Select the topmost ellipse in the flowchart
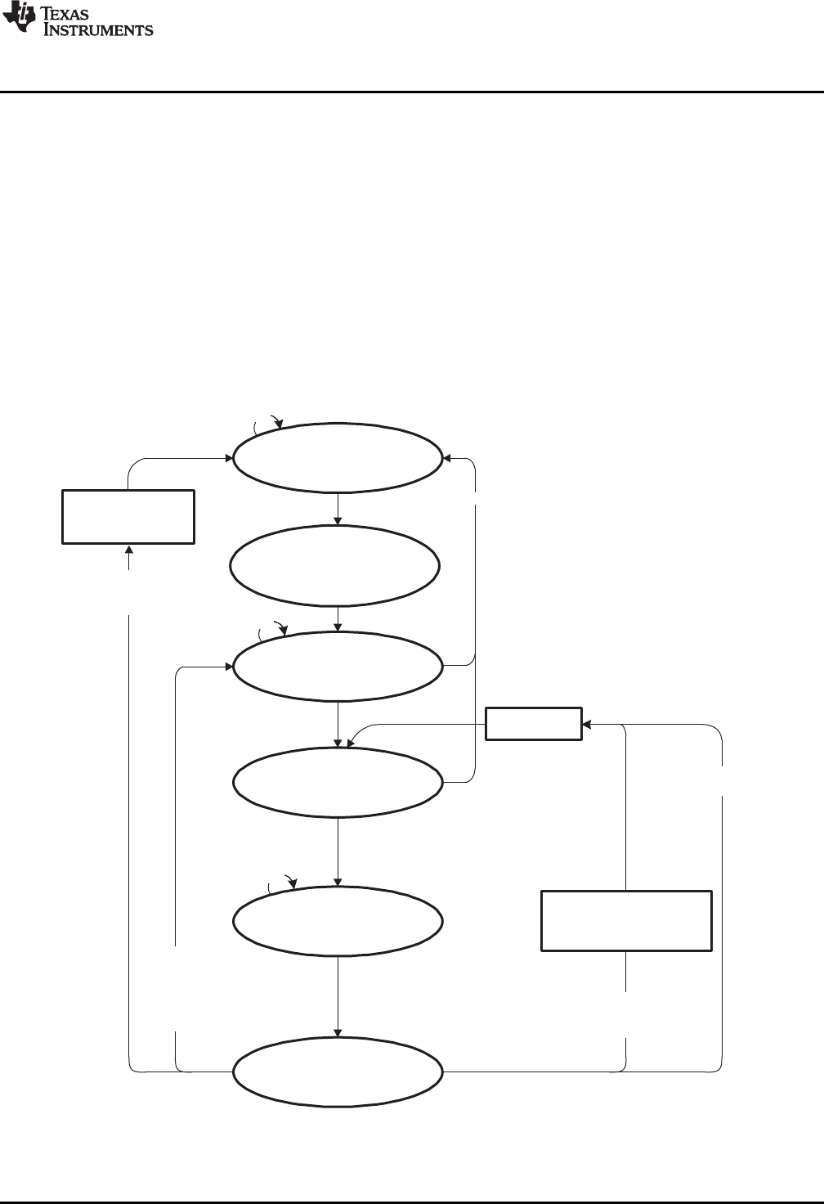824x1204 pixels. coord(337,457)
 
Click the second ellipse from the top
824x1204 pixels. coord(335,565)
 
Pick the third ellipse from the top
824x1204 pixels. coord(338,666)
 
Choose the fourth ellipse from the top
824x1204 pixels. coord(338,782)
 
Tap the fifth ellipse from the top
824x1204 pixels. coord(338,920)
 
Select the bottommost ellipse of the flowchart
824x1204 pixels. coord(338,1071)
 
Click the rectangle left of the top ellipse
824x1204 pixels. coord(128,516)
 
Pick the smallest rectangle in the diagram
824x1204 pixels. coord(534,724)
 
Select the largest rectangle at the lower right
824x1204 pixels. coord(626,921)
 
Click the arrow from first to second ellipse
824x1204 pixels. coord(338,508)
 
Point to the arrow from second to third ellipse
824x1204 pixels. coord(338,618)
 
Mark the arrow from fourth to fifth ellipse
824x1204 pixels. coord(338,851)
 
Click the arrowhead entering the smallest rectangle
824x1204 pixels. coord(587,724)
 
